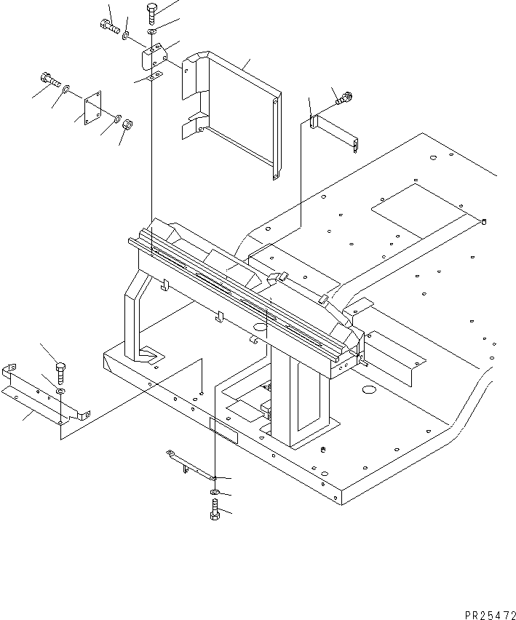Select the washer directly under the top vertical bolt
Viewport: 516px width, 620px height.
(151, 32)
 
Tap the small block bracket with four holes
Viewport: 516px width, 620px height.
(154, 56)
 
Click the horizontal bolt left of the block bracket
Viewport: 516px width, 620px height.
(108, 28)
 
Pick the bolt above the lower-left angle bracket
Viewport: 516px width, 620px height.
(60, 371)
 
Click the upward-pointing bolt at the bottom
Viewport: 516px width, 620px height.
(214, 512)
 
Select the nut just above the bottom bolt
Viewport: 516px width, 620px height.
(214, 494)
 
